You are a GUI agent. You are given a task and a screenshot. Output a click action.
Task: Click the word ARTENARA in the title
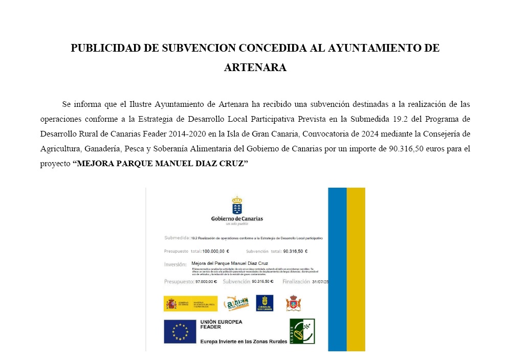click(255, 67)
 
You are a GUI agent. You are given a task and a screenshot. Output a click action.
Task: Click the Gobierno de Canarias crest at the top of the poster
click(237, 206)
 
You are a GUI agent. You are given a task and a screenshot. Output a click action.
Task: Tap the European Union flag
click(180, 331)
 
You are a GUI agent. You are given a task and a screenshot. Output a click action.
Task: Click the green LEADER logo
click(302, 331)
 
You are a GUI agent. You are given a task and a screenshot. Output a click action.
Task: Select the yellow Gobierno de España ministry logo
click(190, 303)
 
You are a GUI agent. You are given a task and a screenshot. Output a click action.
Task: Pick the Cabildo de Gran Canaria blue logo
click(264, 303)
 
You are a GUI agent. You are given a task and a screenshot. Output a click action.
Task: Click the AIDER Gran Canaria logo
click(236, 303)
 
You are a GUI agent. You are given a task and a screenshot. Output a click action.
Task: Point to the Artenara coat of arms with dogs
click(293, 303)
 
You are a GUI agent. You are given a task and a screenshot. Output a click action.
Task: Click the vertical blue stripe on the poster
click(337, 269)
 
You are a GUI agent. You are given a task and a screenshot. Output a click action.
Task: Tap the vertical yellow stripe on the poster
click(356, 269)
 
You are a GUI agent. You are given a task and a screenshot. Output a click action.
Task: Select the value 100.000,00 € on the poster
click(215, 252)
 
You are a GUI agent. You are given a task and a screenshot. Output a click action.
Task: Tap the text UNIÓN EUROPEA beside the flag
click(222, 322)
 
